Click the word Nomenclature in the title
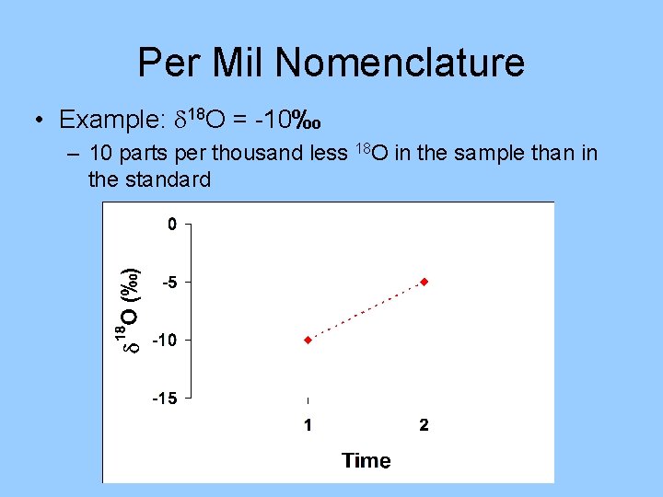coord(400,64)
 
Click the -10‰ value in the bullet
coord(288,120)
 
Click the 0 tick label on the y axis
coord(170,224)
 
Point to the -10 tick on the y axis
coord(164,341)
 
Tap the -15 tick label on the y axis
coord(164,399)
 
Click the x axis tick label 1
coord(308,425)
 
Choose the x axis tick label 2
coord(424,425)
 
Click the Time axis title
coord(366,460)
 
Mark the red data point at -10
coord(308,340)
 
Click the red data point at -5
coord(424,281)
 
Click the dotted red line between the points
coord(366,310)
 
